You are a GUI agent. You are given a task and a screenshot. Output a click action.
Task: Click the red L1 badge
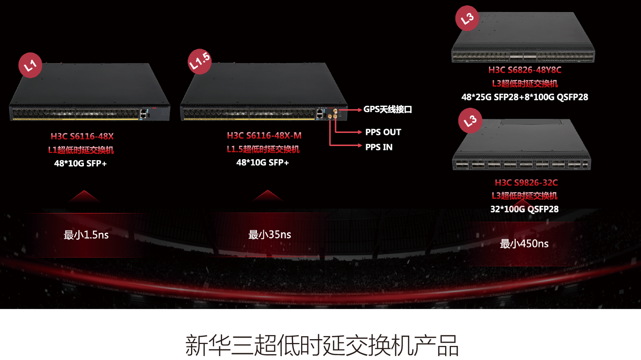click(31, 65)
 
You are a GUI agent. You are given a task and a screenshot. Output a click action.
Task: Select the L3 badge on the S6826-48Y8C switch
click(467, 19)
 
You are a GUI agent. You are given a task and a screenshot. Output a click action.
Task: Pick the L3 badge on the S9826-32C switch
click(470, 121)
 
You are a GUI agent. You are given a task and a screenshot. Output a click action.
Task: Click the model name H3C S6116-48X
click(82, 136)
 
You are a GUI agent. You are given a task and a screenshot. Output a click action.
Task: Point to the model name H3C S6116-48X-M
click(264, 135)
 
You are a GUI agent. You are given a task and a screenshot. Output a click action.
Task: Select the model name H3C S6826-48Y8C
click(525, 70)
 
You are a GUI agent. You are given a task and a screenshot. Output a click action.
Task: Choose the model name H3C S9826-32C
click(526, 183)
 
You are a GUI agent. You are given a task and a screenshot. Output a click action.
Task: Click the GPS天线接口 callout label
click(387, 110)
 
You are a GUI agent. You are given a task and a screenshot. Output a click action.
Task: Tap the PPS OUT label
click(383, 132)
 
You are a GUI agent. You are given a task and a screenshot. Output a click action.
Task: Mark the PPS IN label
click(379, 147)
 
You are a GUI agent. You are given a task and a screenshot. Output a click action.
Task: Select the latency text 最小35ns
click(270, 235)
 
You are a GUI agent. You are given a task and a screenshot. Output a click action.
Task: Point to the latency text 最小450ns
click(524, 244)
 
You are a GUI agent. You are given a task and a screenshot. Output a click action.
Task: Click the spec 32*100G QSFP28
click(524, 210)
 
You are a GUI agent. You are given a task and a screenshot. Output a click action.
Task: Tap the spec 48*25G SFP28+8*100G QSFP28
click(525, 97)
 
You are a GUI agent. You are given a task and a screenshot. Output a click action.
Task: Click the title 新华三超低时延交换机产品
click(321, 346)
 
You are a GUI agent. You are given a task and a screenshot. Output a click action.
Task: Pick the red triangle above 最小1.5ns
click(84, 196)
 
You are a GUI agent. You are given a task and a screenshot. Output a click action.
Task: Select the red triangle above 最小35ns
click(267, 196)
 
